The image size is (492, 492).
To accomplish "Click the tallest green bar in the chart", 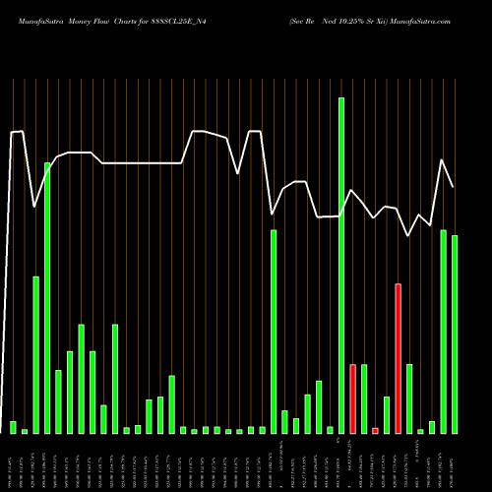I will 341,266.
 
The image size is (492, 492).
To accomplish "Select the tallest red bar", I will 398,358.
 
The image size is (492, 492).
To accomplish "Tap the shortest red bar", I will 375,431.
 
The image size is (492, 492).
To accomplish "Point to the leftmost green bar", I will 13,427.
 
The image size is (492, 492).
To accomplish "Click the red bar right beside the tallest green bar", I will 352,399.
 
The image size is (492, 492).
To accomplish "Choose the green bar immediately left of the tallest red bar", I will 387,414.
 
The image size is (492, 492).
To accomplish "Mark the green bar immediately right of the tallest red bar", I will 409,399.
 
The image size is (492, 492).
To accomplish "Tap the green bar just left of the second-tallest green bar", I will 35,354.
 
